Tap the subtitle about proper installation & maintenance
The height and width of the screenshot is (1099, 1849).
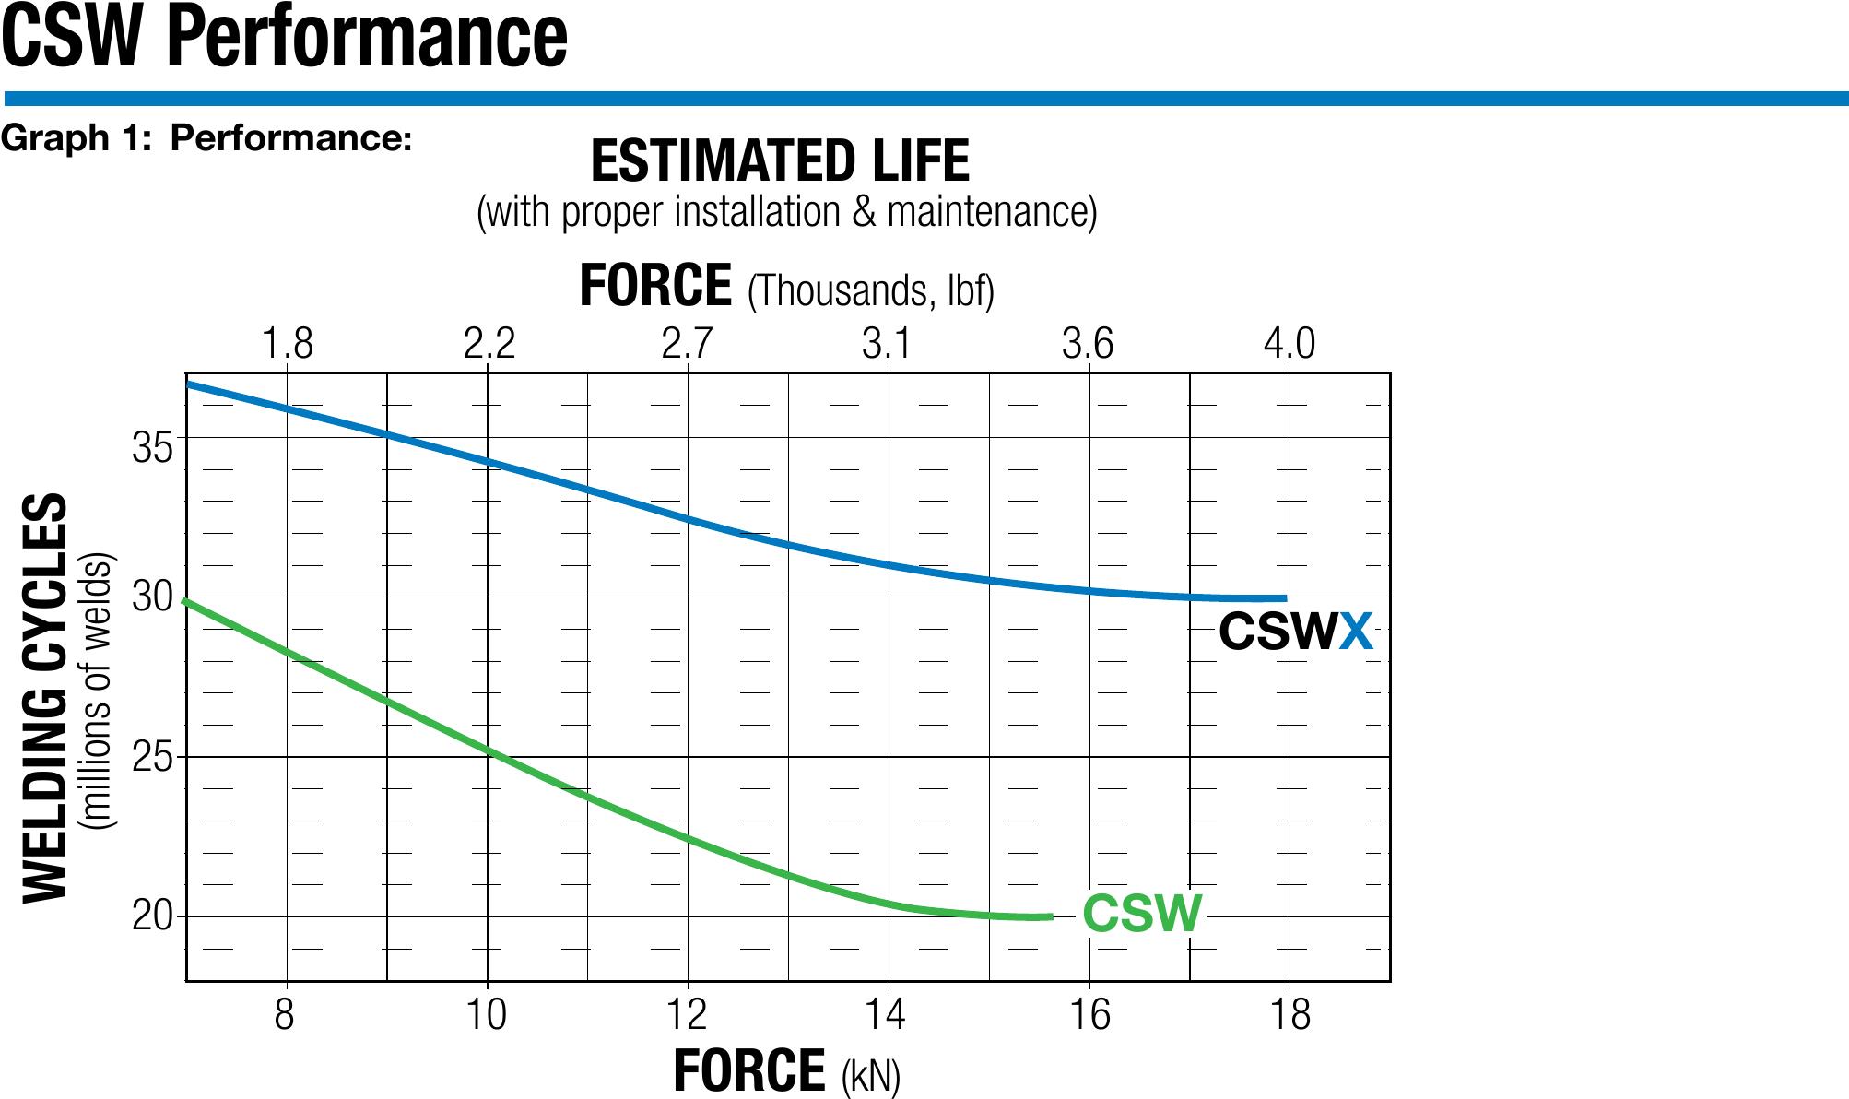[786, 213]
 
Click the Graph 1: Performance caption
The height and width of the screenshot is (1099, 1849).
[206, 138]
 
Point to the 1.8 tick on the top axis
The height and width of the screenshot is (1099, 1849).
[288, 344]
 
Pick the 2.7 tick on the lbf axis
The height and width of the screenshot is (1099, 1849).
[688, 344]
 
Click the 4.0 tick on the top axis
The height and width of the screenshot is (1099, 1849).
[1289, 344]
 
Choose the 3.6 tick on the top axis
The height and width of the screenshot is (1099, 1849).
[1088, 344]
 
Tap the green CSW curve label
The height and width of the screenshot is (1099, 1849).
[1142, 914]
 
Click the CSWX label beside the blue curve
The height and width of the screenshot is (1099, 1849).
[1296, 632]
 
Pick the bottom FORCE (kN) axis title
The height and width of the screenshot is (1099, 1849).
[786, 1071]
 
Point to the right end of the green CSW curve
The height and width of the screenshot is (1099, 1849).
[1050, 916]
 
